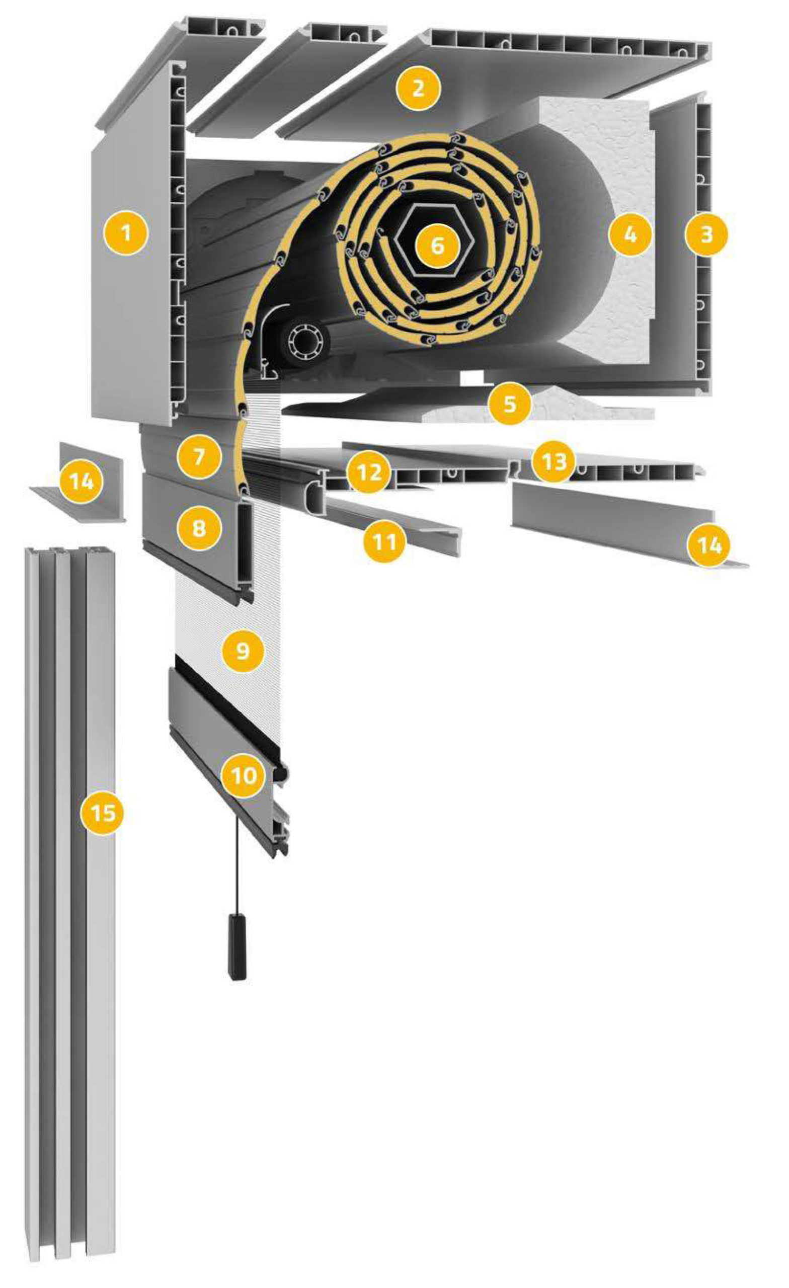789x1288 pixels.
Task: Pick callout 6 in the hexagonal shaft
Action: point(437,245)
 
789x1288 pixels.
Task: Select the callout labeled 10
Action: point(244,775)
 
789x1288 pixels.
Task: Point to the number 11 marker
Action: point(385,541)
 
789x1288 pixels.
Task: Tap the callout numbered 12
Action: point(368,472)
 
